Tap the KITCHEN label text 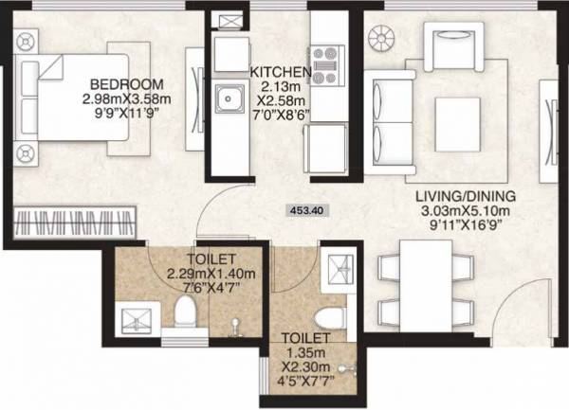click(280, 72)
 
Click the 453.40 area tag click(305, 212)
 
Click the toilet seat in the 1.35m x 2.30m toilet click(328, 316)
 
